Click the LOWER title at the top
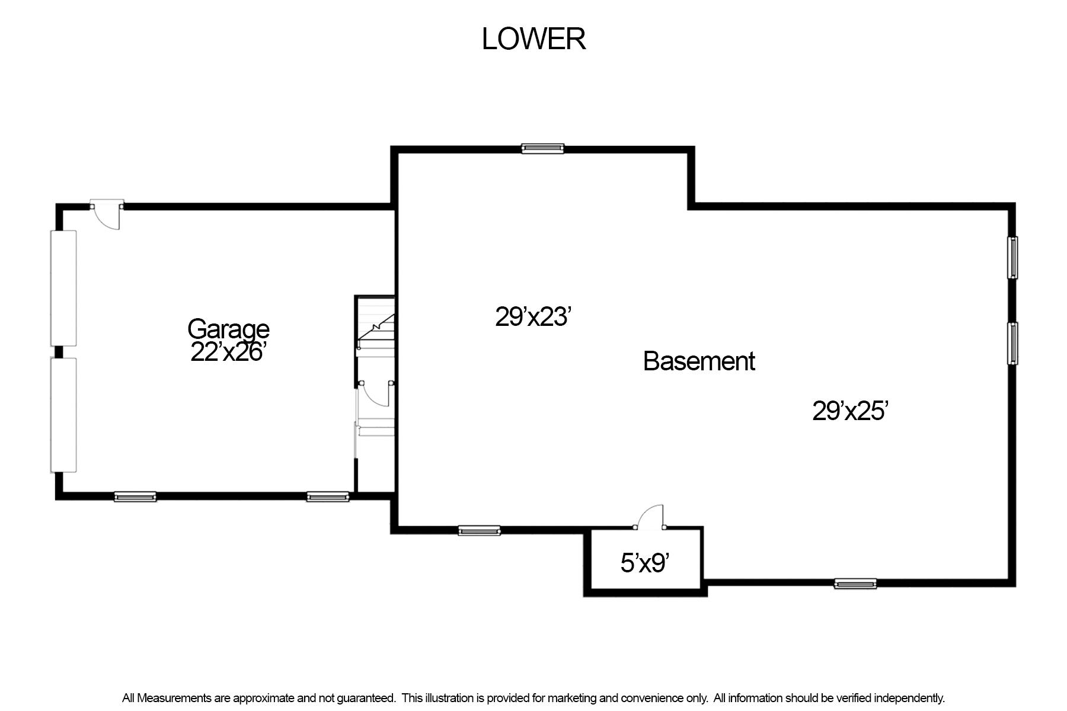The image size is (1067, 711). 533,39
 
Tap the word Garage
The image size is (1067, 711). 228,329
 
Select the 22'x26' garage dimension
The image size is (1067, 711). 227,352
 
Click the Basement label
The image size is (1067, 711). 699,361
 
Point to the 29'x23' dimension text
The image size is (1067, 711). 533,316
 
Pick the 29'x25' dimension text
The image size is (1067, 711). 849,411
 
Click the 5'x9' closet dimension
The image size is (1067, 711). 645,563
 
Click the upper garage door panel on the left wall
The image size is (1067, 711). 63,288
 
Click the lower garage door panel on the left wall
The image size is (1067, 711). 63,415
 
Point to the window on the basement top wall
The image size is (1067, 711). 542,148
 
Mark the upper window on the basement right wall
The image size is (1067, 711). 1013,258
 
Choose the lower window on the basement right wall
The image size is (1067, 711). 1013,343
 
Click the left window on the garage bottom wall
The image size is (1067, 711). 135,497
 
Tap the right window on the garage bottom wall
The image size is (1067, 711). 328,497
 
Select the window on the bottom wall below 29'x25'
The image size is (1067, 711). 855,584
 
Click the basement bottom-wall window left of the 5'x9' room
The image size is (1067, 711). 479,531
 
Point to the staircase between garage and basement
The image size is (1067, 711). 375,326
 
